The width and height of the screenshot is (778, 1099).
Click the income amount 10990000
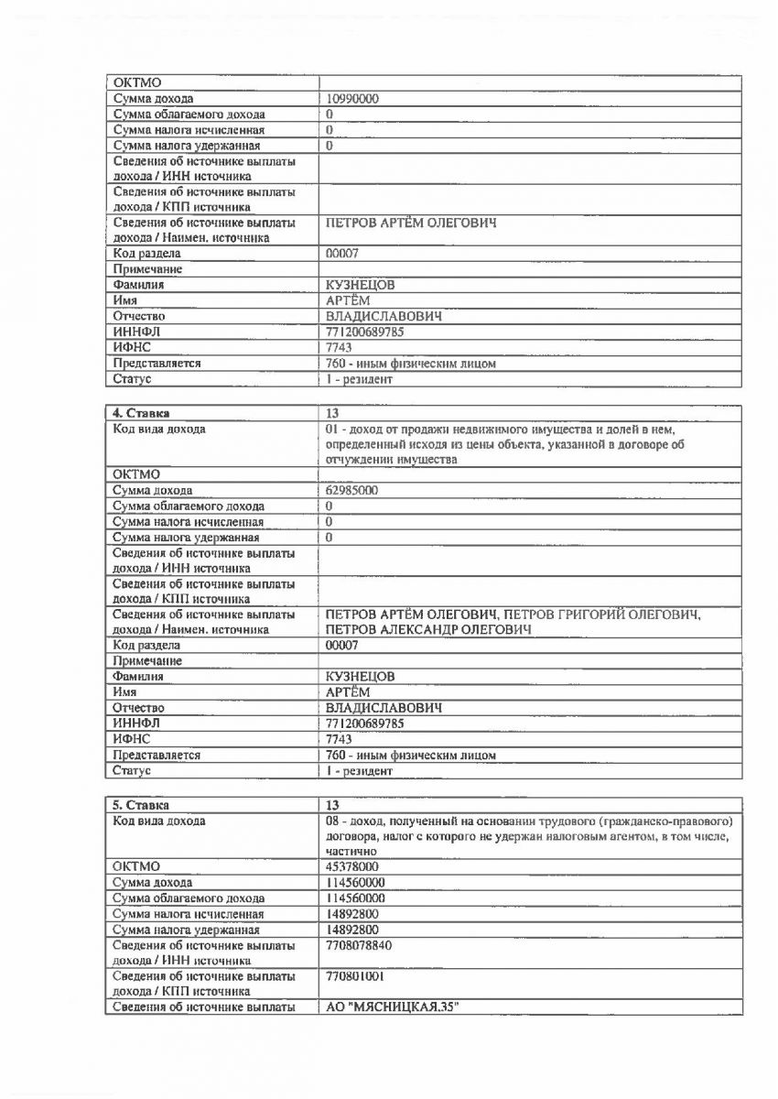click(353, 99)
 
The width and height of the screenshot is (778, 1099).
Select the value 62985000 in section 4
click(353, 491)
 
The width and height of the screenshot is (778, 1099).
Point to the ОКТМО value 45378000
click(353, 866)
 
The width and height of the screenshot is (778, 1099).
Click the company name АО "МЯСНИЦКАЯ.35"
click(392, 1008)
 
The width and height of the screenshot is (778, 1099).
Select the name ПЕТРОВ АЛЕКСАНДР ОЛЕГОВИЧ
click(430, 631)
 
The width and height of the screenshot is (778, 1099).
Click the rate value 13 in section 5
click(333, 805)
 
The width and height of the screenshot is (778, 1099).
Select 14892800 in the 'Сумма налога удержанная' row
click(353, 930)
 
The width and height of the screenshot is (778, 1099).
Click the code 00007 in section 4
click(343, 646)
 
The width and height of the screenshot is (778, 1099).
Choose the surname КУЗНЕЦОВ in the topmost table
click(361, 285)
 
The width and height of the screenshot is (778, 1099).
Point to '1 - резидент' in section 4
click(360, 771)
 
